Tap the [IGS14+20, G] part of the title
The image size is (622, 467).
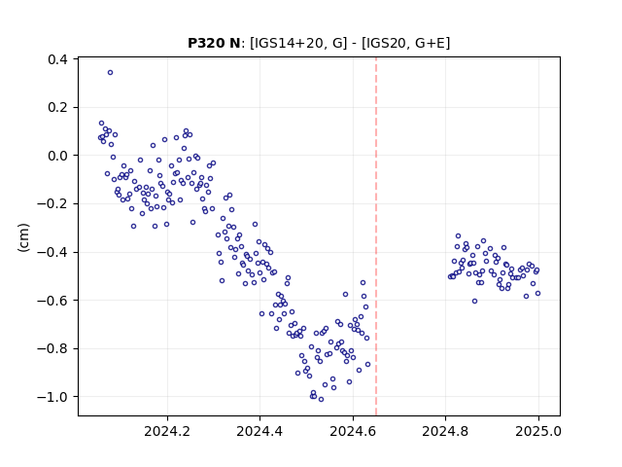coord(298,43)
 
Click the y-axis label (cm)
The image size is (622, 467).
coord(23,237)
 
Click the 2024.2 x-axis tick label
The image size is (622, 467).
coord(167,431)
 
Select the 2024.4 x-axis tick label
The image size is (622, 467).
coord(259,431)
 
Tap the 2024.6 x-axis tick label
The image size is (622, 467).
coord(353,431)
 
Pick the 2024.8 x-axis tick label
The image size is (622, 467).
coord(445,431)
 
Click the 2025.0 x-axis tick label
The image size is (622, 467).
coord(538,431)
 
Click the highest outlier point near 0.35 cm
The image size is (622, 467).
coord(110,73)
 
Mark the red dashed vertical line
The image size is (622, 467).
coord(376,236)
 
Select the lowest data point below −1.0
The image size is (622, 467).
coord(321,400)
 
